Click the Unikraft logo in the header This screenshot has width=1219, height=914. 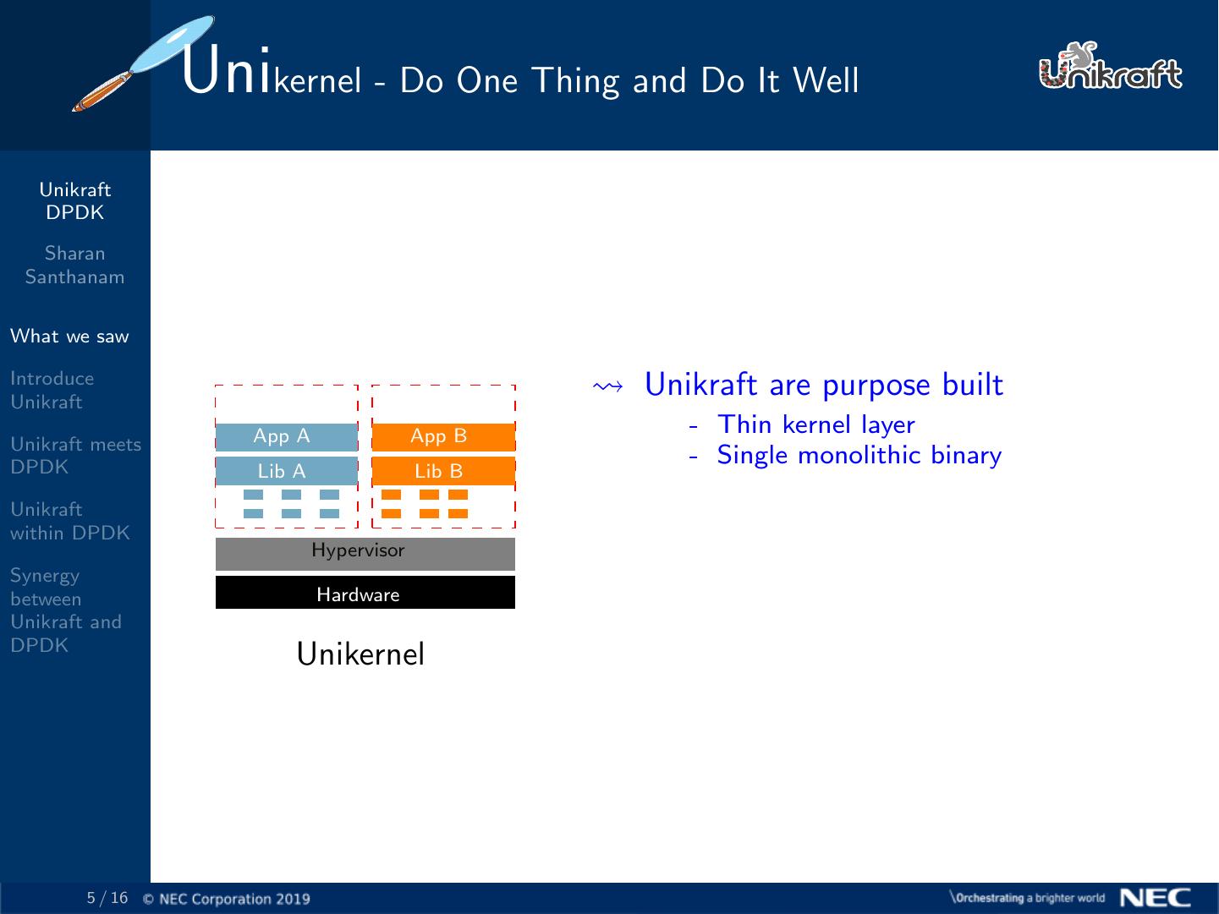(x=1110, y=67)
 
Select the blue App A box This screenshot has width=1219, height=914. (x=286, y=436)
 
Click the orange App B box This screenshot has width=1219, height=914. (x=443, y=436)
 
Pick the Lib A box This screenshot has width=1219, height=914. (x=286, y=471)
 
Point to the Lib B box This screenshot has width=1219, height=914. (x=443, y=471)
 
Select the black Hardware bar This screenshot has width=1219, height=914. (x=365, y=593)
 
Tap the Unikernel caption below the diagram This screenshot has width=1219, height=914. (x=360, y=654)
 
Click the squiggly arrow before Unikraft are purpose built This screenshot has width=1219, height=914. (x=608, y=386)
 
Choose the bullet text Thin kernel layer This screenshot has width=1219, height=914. (x=815, y=424)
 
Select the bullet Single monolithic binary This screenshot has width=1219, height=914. (x=859, y=455)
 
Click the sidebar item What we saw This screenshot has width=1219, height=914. (x=69, y=337)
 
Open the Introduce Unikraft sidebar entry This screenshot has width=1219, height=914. (x=52, y=390)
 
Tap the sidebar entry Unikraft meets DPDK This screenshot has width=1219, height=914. (x=75, y=455)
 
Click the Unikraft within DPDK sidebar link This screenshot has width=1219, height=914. (x=70, y=521)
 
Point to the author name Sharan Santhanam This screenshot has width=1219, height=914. (x=74, y=265)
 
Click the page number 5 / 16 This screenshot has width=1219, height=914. (x=107, y=898)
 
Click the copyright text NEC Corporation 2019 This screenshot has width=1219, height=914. (x=227, y=899)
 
